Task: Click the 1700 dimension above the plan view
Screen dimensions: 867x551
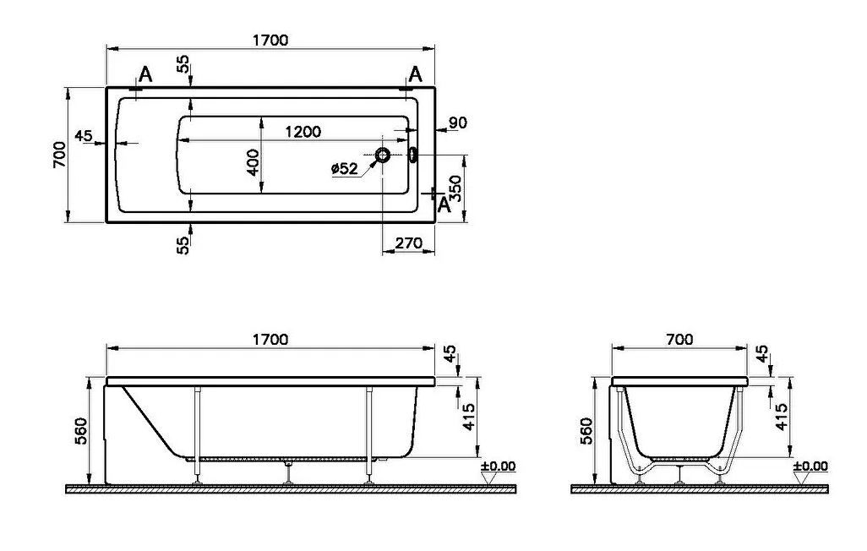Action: point(270,41)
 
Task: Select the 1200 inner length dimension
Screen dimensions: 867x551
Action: point(303,132)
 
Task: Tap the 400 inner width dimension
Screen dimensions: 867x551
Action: point(253,162)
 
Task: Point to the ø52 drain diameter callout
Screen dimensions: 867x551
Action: point(345,168)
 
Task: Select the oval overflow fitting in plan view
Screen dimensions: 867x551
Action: point(412,155)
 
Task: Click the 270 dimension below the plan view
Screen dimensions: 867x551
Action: point(409,243)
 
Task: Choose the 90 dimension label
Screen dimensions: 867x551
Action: point(458,123)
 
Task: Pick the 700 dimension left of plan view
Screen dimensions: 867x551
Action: point(59,155)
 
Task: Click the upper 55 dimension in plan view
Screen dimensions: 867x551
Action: point(183,63)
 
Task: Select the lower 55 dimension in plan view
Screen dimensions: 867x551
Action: point(183,245)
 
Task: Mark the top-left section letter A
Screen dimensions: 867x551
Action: point(144,74)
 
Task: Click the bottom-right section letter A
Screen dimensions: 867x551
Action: point(444,205)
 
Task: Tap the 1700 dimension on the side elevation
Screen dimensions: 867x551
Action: point(270,339)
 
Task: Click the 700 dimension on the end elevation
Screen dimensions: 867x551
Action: point(679,339)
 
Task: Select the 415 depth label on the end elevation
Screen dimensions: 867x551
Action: point(781,417)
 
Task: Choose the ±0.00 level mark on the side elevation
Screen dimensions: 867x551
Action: point(498,466)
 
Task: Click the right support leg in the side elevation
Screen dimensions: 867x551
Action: point(368,434)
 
